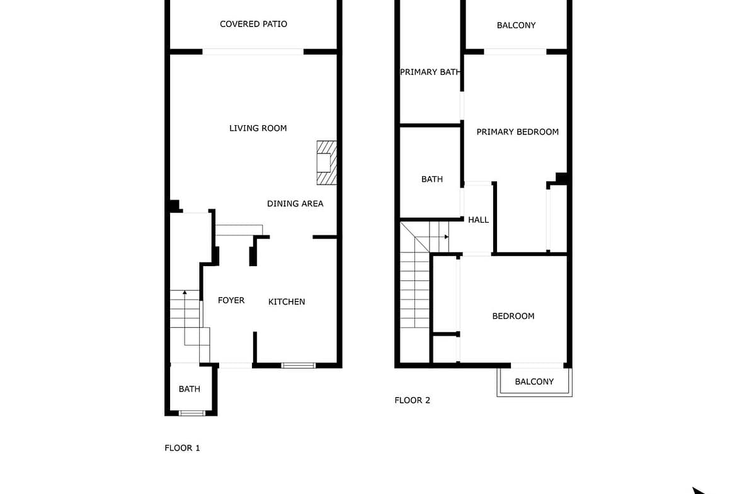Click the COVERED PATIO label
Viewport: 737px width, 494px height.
253,24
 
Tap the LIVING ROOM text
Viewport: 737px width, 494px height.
258,128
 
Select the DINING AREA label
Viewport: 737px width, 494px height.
295,204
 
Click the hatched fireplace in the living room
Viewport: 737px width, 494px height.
327,162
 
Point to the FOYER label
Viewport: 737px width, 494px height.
231,301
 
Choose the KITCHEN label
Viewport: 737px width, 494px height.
287,302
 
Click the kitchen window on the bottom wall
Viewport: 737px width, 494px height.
299,366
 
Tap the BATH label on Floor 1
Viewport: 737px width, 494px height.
190,390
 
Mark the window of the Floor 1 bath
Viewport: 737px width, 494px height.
192,413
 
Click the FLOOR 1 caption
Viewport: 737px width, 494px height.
183,448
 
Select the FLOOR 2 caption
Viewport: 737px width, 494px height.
412,401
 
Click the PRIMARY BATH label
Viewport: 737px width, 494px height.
430,72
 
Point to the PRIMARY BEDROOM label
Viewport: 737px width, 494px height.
518,132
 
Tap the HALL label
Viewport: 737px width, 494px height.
479,220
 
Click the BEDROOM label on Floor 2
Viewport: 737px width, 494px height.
513,317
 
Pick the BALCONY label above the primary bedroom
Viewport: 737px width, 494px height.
516,25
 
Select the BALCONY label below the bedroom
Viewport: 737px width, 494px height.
534,382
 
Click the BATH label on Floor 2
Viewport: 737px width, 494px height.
432,179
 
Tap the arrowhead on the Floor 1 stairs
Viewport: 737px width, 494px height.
185,293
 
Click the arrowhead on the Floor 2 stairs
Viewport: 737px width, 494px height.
447,237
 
